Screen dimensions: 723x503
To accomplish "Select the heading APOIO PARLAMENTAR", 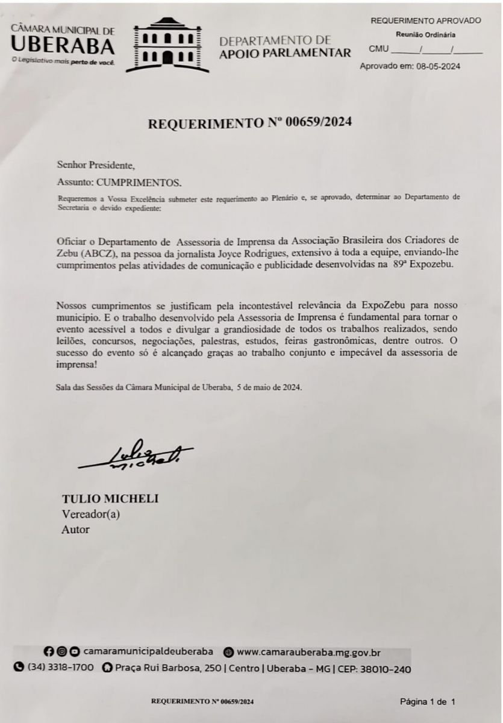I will coord(285,53).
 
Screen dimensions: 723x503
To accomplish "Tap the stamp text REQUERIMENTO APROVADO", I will coord(425,20).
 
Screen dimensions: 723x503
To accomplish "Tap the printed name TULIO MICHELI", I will coord(110,499).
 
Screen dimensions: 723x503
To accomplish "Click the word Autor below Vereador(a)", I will coord(75,530).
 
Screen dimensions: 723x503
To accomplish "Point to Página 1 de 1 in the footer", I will coord(428,701).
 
